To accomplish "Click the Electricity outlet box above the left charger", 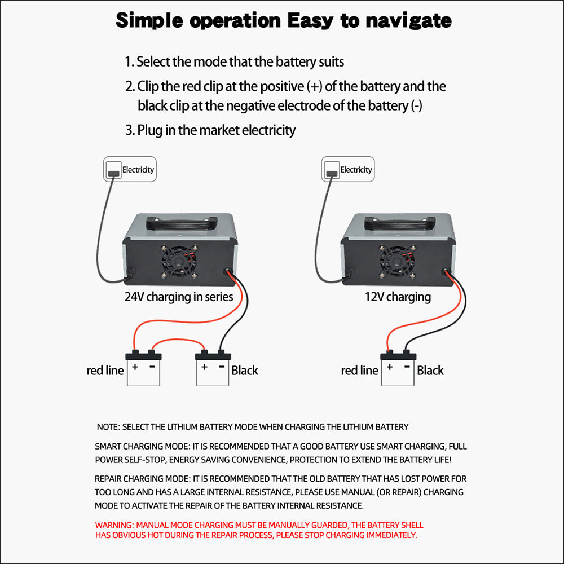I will pyautogui.click(x=129, y=169).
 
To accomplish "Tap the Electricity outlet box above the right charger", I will pyautogui.click(x=347, y=169).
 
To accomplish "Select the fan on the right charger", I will pyautogui.click(x=396, y=261).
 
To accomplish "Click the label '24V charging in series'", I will pyautogui.click(x=178, y=297).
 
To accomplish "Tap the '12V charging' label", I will pyautogui.click(x=398, y=297).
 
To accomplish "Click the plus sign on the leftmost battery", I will pyautogui.click(x=135, y=367).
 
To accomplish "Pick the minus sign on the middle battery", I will pyautogui.click(x=221, y=367).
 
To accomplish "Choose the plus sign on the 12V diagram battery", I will pyautogui.click(x=389, y=367).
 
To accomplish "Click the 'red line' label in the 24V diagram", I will pyautogui.click(x=105, y=371).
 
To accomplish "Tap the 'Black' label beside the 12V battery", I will pyautogui.click(x=430, y=371).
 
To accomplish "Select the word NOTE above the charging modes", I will pyautogui.click(x=107, y=427).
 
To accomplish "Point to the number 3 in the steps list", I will pyautogui.click(x=128, y=130).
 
